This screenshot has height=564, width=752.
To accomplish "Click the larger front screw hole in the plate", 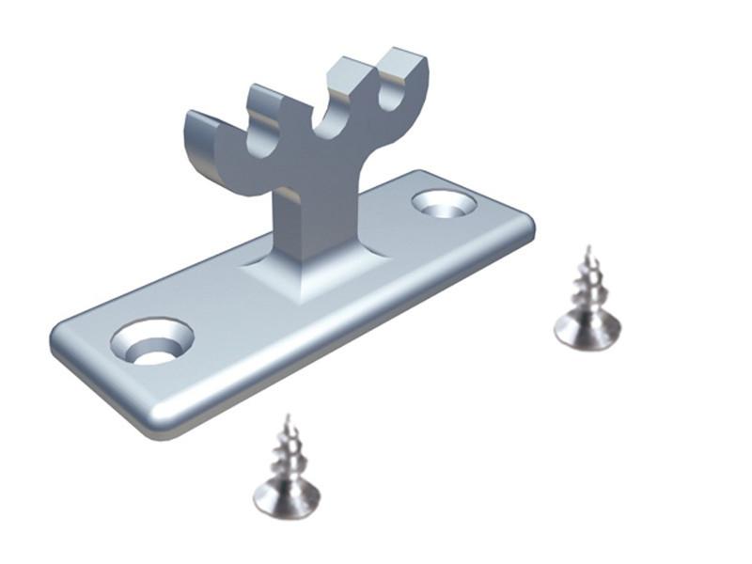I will click(151, 341).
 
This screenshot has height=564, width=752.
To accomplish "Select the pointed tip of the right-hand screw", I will click(587, 250).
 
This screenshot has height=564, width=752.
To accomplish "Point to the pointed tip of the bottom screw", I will click(288, 417).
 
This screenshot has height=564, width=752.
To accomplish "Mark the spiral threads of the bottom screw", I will click(287, 451).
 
